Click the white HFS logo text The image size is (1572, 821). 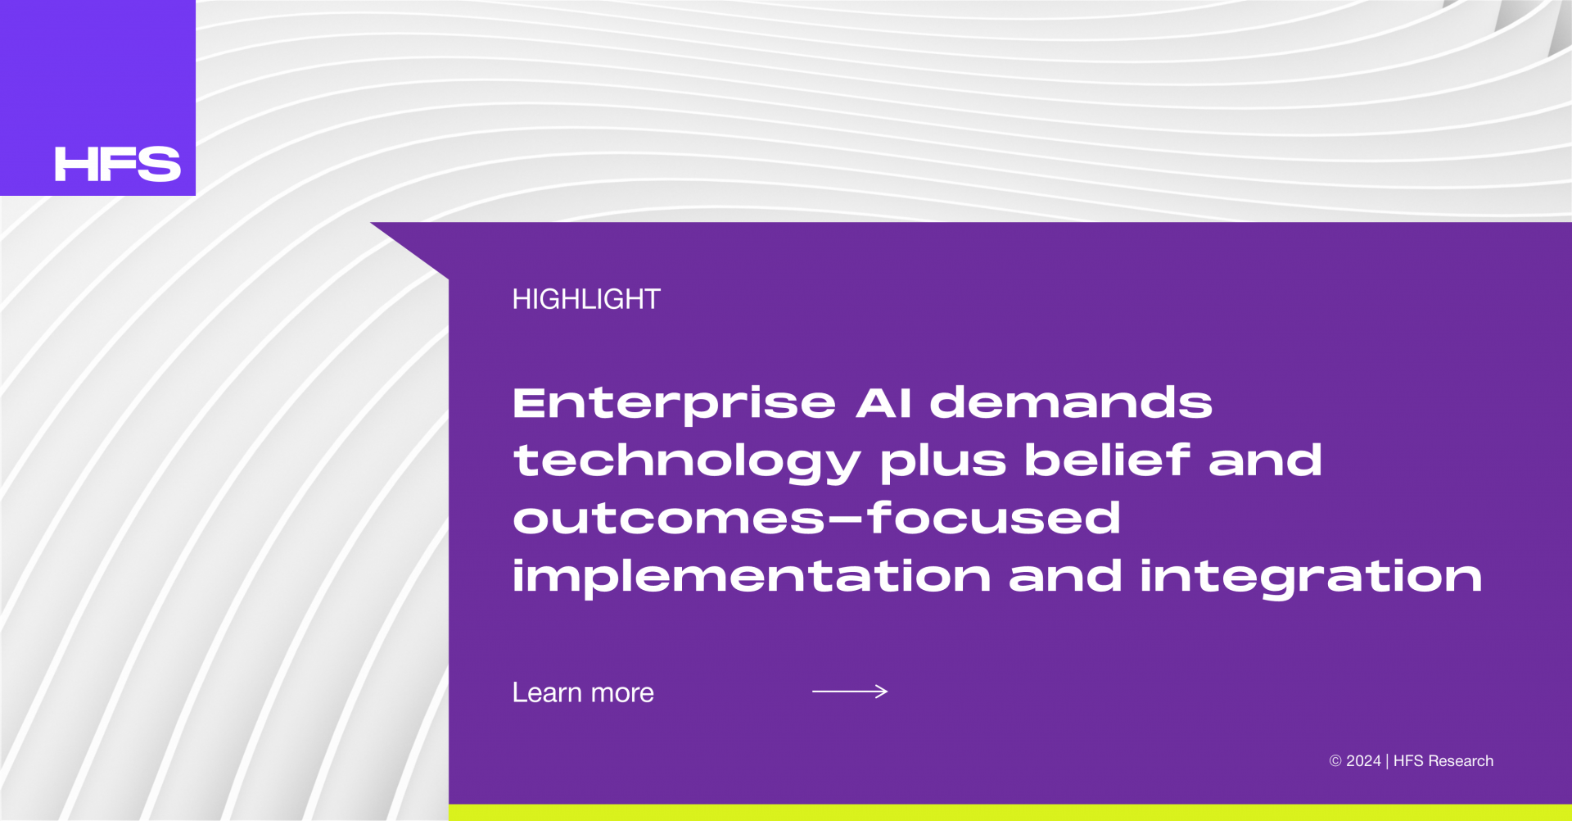coord(118,164)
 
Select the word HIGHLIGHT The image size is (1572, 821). coord(586,299)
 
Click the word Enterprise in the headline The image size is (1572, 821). coord(674,404)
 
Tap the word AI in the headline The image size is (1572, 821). coord(883,402)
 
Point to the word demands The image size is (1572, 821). coord(1071,402)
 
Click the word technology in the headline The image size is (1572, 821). coord(687,462)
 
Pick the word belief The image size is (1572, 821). coord(1107,459)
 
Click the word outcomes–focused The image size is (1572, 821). coord(816,518)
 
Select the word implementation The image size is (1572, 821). coord(752,578)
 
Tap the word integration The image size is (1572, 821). coord(1311,578)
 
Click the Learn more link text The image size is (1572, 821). coord(583,692)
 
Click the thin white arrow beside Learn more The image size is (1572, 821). coord(850,692)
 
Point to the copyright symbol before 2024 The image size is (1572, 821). coord(1335,761)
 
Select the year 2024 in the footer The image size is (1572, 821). coord(1363,761)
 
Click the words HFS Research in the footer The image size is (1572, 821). coord(1443,761)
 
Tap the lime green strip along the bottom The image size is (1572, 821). coord(1010,813)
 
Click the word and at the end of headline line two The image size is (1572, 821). coord(1265,460)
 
